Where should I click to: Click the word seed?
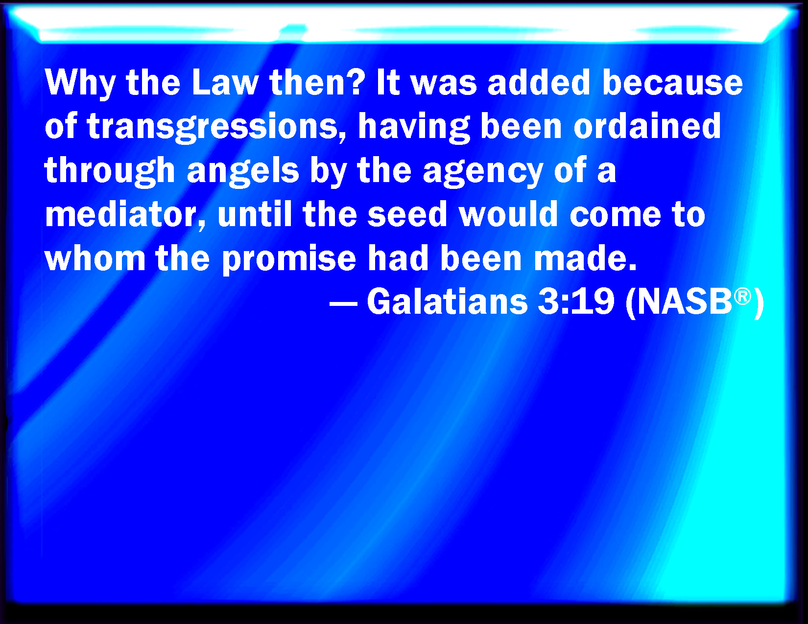pos(407,214)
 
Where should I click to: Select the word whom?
pos(95,257)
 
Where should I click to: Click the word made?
pos(585,257)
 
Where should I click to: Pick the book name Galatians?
pos(447,301)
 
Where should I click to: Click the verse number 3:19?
pos(575,301)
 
